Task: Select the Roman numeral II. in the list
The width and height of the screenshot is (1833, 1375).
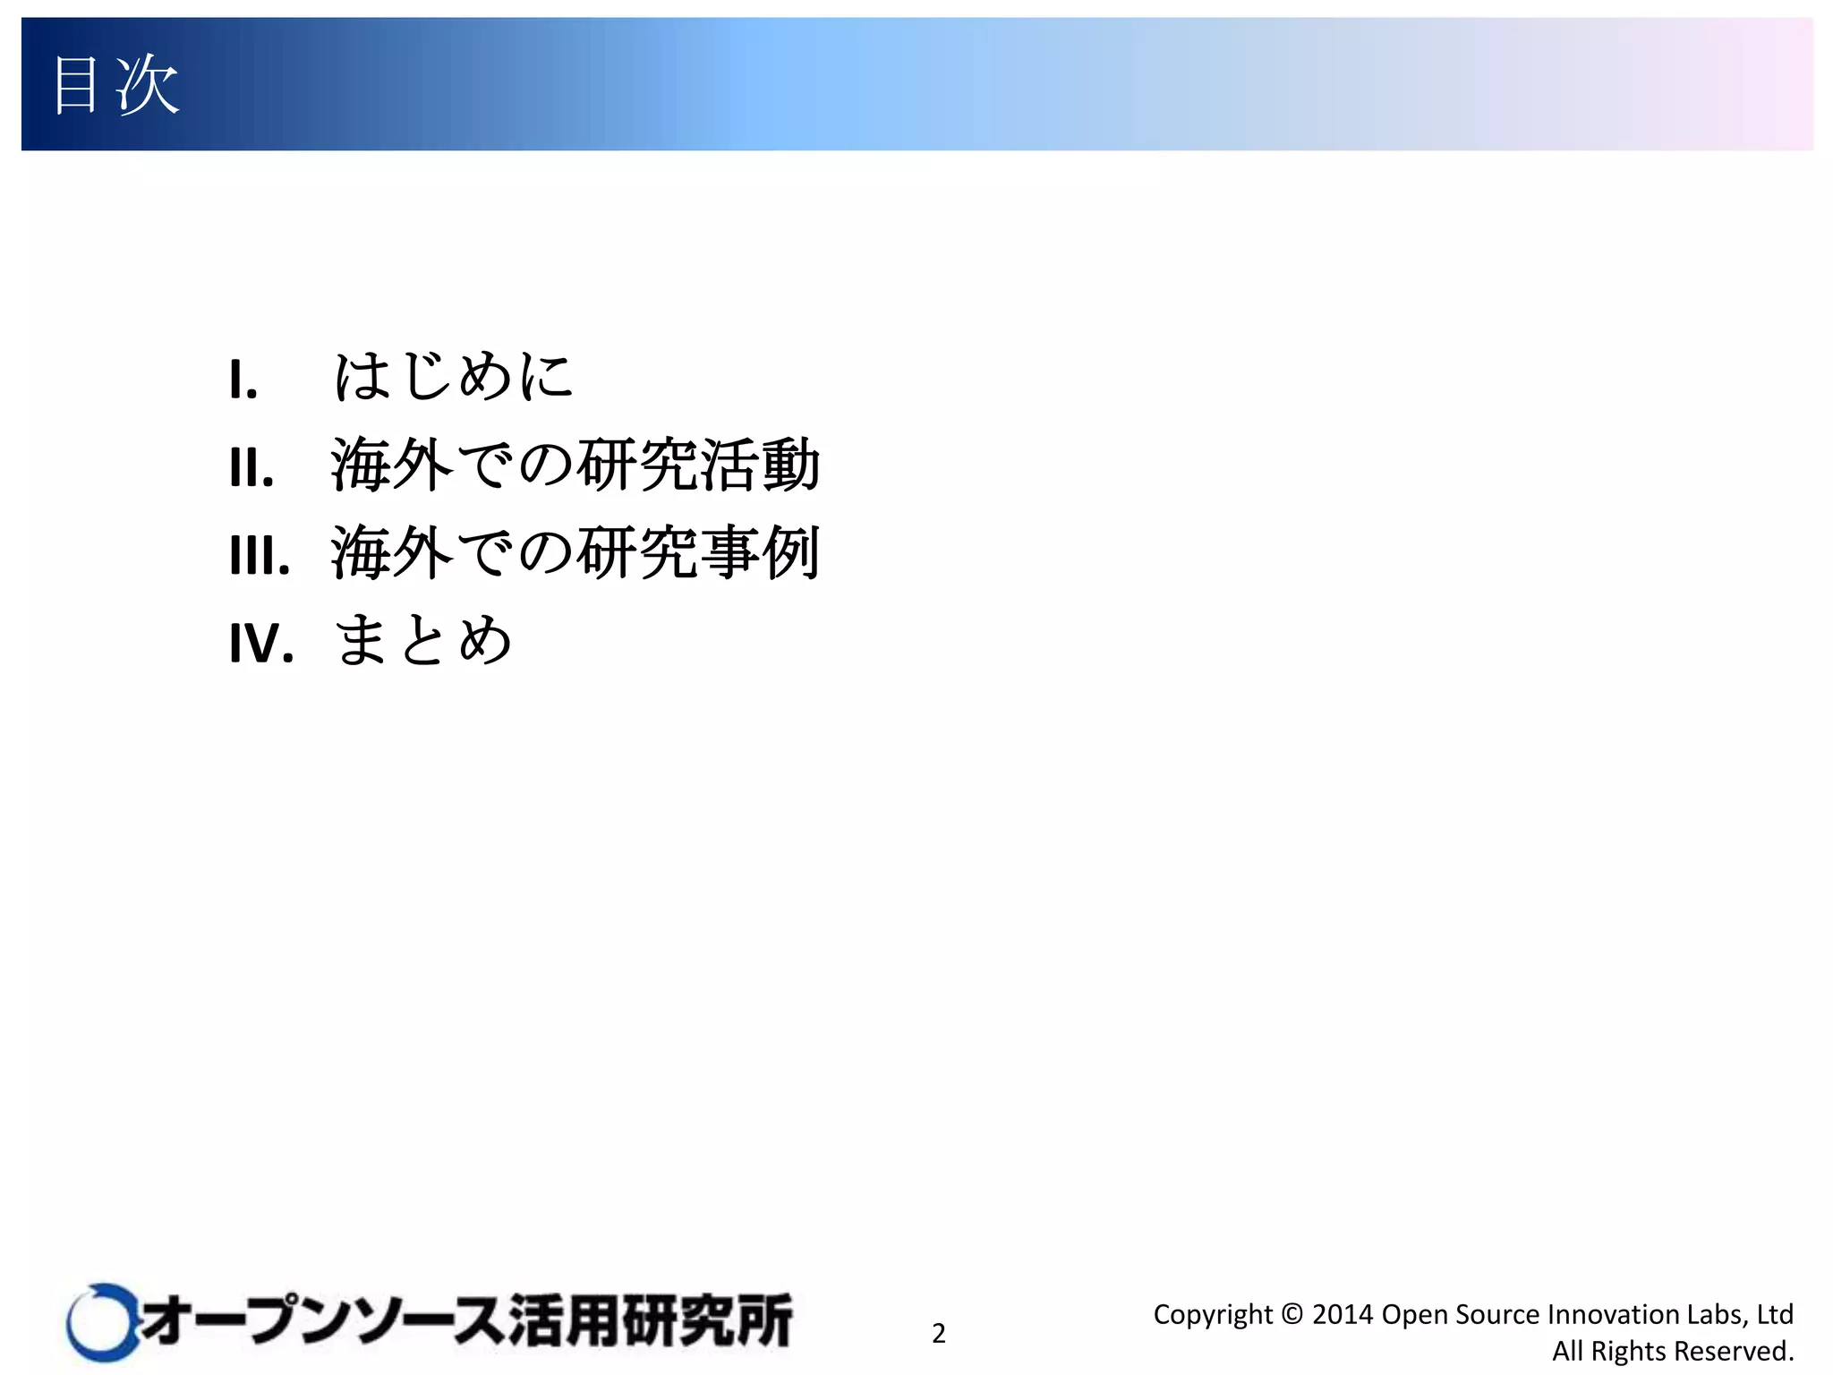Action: tap(252, 467)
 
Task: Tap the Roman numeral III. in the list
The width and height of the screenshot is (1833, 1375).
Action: tap(260, 555)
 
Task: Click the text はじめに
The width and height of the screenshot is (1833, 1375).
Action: tap(453, 376)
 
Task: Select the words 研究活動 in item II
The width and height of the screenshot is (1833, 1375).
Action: tap(698, 465)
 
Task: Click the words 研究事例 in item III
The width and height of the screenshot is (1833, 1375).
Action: tap(698, 553)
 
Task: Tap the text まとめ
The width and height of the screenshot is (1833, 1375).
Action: tap(423, 641)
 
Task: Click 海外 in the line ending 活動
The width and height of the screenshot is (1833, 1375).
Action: tap(392, 465)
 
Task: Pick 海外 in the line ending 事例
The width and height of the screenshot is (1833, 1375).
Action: tap(392, 553)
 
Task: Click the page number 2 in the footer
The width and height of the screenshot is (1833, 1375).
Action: tap(938, 1333)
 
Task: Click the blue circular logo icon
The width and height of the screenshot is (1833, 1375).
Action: tap(100, 1322)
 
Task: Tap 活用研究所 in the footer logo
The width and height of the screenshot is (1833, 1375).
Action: tap(651, 1321)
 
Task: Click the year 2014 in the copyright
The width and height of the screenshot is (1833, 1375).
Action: tap(1342, 1314)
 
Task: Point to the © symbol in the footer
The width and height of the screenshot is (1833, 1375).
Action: tap(1292, 1314)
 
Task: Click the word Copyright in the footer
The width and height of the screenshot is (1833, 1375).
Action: tap(1212, 1314)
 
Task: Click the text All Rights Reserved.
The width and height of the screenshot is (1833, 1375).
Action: tap(1673, 1351)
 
